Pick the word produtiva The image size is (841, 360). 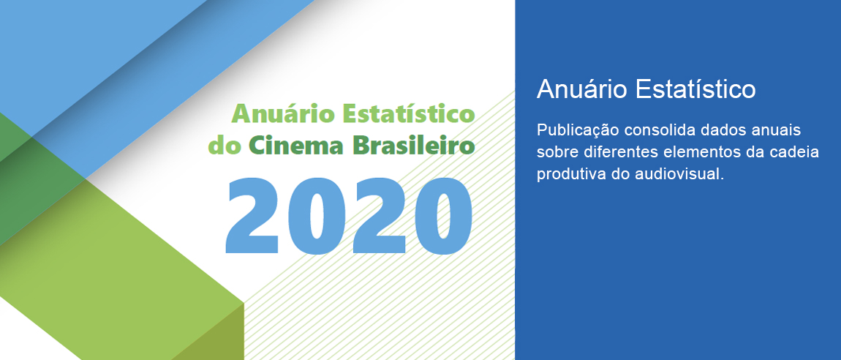tap(567, 175)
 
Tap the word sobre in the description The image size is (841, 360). tap(555, 153)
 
